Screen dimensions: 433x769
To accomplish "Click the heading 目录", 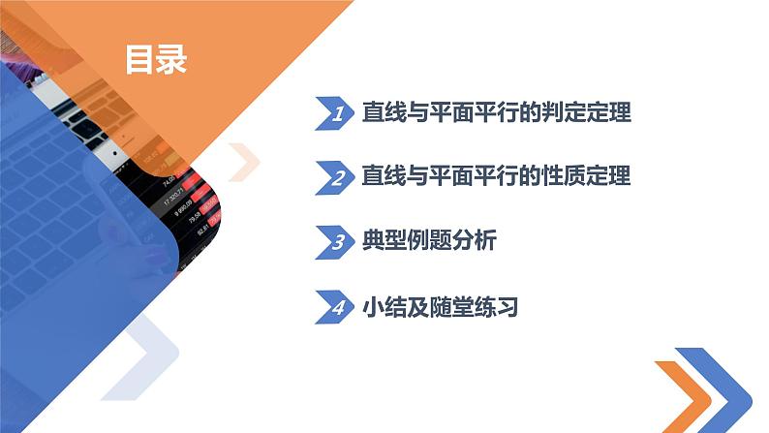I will pyautogui.click(x=156, y=59).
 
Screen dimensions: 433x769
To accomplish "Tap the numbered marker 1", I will pyautogui.click(x=337, y=114).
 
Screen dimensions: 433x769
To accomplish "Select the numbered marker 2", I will pyautogui.click(x=337, y=177).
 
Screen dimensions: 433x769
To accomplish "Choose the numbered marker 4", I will pyautogui.click(x=337, y=308).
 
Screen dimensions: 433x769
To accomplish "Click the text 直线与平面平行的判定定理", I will pyautogui.click(x=495, y=113).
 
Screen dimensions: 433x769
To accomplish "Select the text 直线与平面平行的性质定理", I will pyautogui.click(x=495, y=177).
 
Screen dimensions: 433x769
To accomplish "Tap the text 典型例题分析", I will pyautogui.click(x=427, y=242).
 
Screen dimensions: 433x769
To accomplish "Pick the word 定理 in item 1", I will pyautogui.click(x=610, y=113).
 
